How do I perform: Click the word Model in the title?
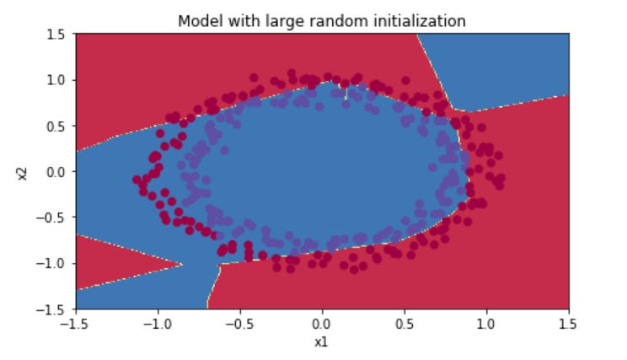click(197, 21)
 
